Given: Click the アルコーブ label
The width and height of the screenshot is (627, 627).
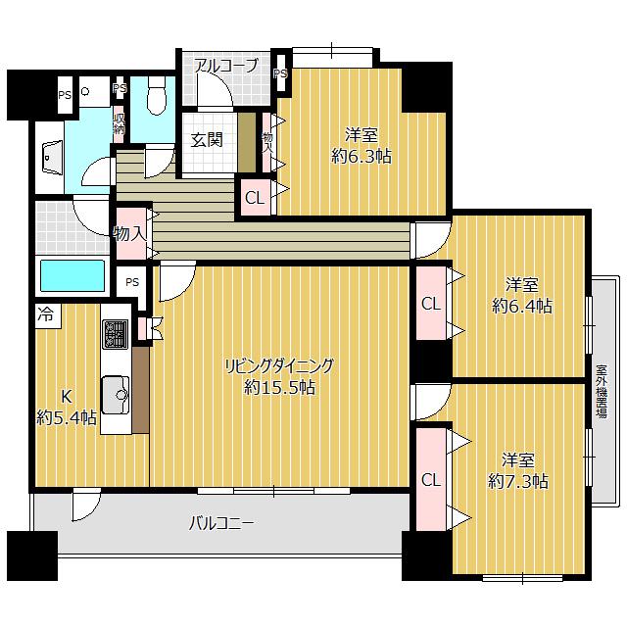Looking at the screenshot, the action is click(x=226, y=66).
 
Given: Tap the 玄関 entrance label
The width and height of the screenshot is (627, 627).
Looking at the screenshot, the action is click(x=207, y=140).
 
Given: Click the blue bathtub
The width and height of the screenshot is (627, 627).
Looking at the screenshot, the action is click(x=72, y=275).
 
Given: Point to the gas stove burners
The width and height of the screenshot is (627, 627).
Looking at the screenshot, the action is click(x=116, y=334).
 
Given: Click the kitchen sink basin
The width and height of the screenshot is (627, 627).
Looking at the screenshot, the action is click(x=116, y=395).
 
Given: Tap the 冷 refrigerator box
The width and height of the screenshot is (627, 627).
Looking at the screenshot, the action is click(x=47, y=315).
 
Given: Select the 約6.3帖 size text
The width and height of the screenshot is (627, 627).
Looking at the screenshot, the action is click(x=362, y=157).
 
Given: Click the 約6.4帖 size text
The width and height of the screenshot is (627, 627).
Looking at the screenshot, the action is click(x=522, y=307).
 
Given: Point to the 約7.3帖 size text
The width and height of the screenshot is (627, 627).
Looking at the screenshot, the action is click(x=518, y=481).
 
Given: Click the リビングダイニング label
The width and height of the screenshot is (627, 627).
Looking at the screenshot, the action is click(x=279, y=365).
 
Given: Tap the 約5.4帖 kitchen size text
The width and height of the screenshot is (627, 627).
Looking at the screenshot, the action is click(x=67, y=418).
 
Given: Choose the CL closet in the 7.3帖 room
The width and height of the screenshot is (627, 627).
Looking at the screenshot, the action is click(x=431, y=479).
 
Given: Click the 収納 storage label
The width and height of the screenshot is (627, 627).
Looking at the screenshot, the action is click(x=120, y=124).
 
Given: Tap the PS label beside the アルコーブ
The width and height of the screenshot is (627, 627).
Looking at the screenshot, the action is click(x=281, y=74).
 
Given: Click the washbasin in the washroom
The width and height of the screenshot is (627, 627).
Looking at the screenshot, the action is click(x=52, y=157).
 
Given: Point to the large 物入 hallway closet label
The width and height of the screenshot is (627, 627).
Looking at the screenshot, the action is click(x=129, y=233).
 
